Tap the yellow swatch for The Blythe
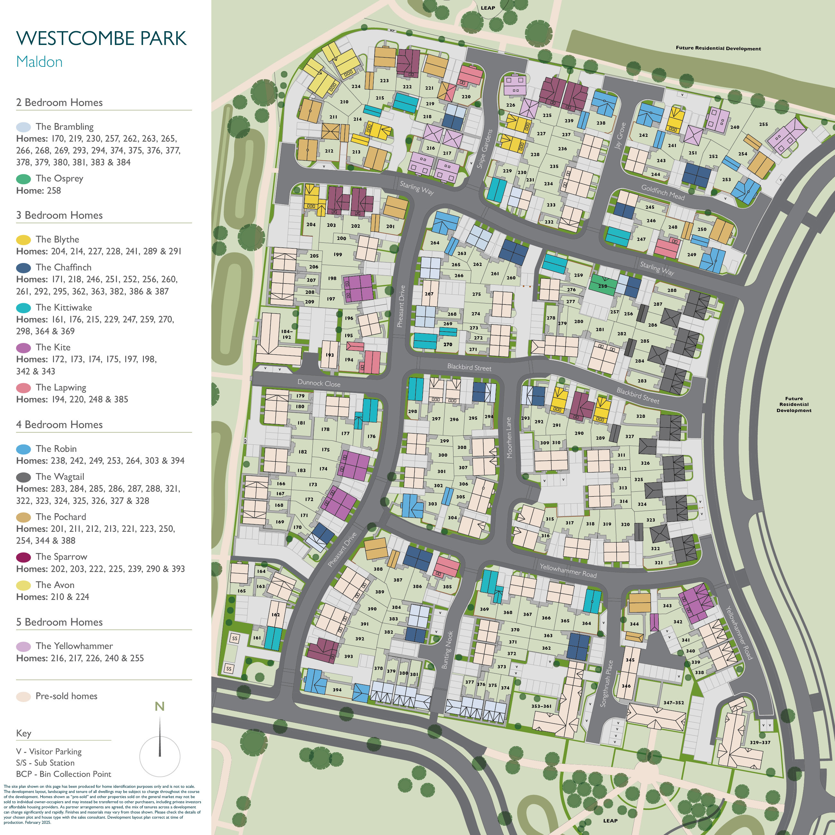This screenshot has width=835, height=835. [x=23, y=240]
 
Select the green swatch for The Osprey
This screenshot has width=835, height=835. [x=23, y=179]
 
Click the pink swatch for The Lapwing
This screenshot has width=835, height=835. [x=23, y=388]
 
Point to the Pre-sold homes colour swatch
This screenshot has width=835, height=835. [x=23, y=697]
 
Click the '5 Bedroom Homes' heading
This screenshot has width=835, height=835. [x=59, y=622]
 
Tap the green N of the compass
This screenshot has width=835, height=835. [x=160, y=707]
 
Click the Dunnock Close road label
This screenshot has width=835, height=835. [x=319, y=383]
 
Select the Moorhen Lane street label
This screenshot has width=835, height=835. [x=509, y=438]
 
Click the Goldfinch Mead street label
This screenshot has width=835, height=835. [x=663, y=192]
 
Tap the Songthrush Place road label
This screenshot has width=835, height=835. [x=606, y=684]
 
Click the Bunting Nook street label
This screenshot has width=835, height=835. [x=447, y=650]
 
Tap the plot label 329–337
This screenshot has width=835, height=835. [x=760, y=743]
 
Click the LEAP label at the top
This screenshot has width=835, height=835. [x=488, y=8]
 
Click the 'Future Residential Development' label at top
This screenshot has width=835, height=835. [x=718, y=48]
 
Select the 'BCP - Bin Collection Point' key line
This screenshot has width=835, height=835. [x=64, y=774]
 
